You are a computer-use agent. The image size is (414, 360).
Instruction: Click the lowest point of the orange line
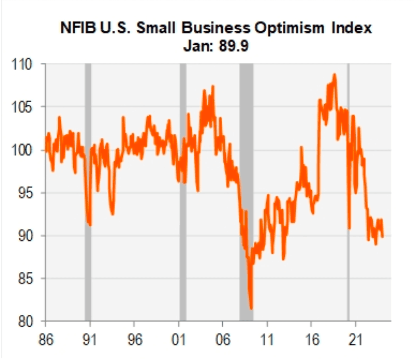coord(251,308)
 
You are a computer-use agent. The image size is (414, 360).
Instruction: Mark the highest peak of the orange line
coord(334,74)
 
